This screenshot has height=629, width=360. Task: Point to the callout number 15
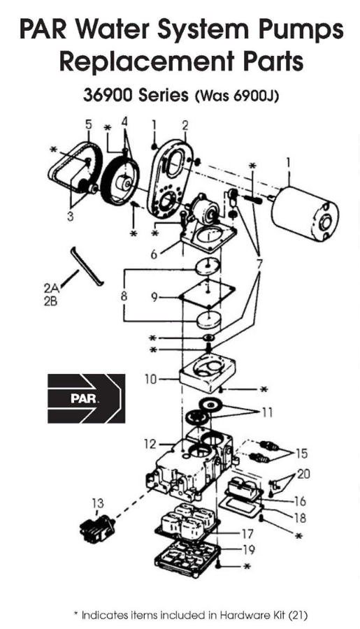tap(301, 453)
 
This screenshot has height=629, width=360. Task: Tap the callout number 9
tap(155, 296)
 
